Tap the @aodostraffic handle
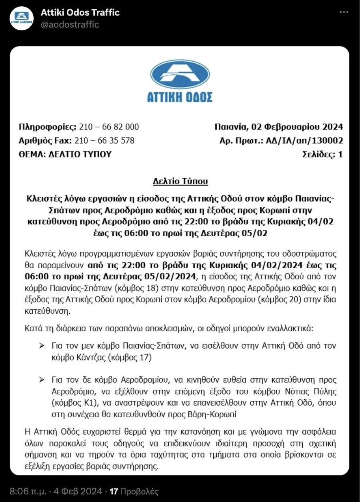click(x=70, y=25)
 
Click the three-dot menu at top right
click(x=344, y=12)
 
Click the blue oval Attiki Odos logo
click(x=180, y=75)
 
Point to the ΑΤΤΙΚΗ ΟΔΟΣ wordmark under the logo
click(x=180, y=97)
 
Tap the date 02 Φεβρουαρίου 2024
click(x=297, y=127)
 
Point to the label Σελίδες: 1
click(x=322, y=154)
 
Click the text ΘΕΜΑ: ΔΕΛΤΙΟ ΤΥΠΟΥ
click(x=65, y=154)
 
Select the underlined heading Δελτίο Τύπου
click(x=180, y=181)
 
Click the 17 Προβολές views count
click(x=134, y=491)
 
